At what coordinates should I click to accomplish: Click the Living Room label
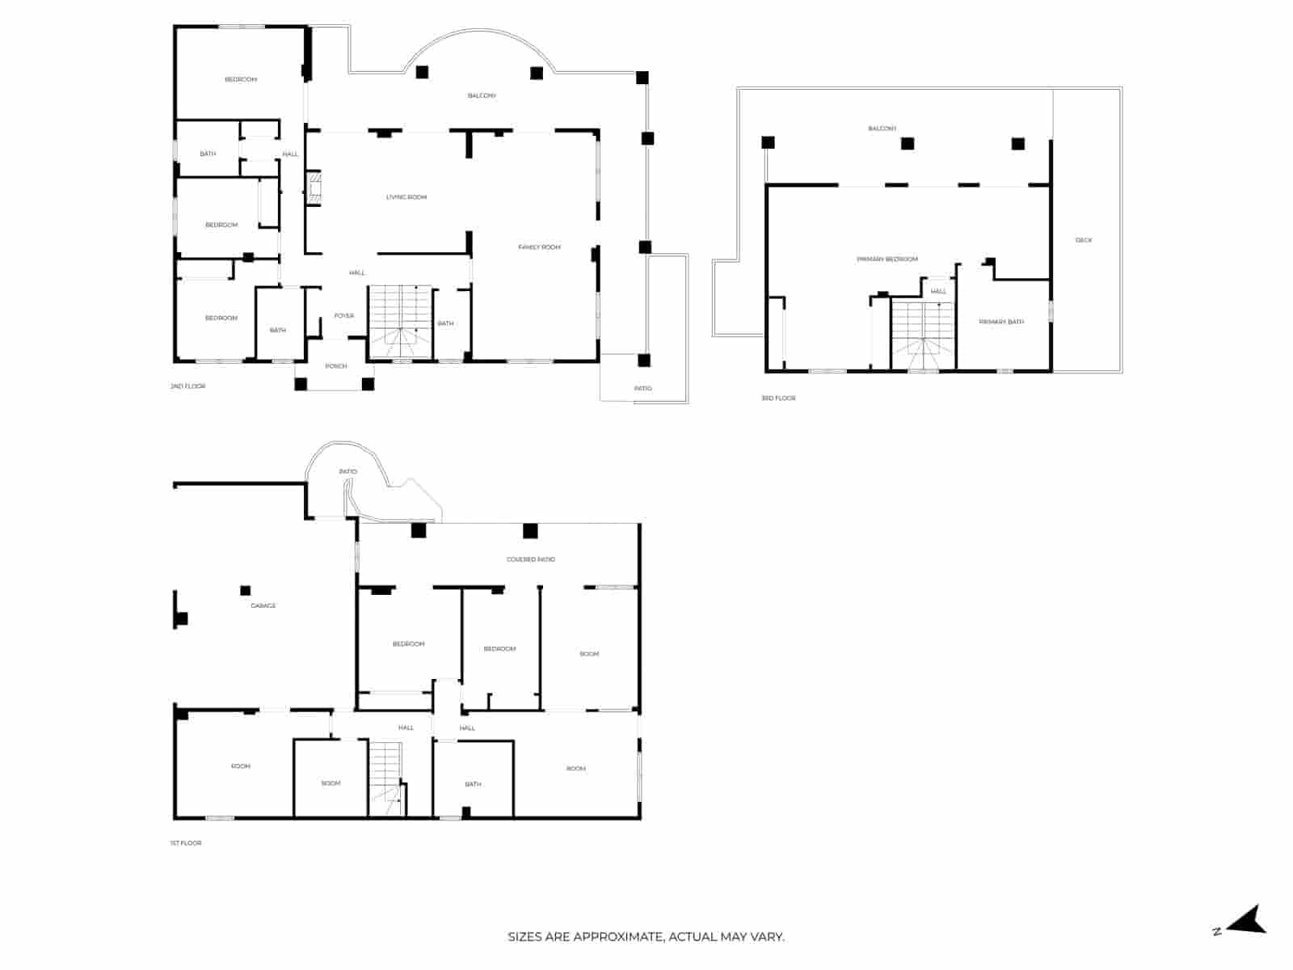406,197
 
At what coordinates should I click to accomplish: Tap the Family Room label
539,247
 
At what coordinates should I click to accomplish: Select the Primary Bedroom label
887,259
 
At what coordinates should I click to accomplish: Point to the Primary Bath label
1001,322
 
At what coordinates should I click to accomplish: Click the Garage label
263,605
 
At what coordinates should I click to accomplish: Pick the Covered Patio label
530,559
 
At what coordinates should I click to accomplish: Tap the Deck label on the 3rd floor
1084,240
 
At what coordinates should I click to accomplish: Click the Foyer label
343,316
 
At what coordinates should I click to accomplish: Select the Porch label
336,366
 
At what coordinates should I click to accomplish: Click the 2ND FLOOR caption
188,386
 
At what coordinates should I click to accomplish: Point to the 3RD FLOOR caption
778,398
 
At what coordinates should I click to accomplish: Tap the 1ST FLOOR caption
186,843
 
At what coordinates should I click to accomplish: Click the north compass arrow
1249,920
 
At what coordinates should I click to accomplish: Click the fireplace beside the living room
314,188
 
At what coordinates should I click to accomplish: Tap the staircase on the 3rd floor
924,335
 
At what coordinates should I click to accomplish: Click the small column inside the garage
245,591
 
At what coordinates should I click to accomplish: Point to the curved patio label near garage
347,471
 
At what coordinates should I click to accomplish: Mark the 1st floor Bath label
473,784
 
